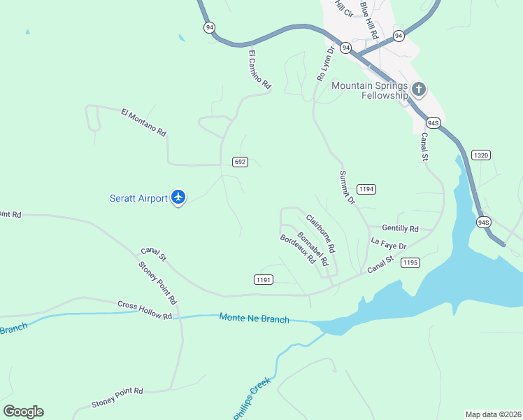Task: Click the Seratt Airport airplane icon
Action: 178,198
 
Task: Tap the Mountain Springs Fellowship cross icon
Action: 419,90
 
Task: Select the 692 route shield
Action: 240,162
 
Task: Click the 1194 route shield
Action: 366,189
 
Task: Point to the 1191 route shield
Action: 264,279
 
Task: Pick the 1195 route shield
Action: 410,262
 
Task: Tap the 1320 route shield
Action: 480,155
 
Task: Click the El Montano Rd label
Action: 143,122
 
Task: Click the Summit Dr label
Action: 348,187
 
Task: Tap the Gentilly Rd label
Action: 400,228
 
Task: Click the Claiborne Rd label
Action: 320,233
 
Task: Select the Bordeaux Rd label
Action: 297,249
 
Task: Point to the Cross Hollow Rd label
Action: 145,310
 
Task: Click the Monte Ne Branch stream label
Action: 254,318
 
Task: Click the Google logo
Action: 23,412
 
